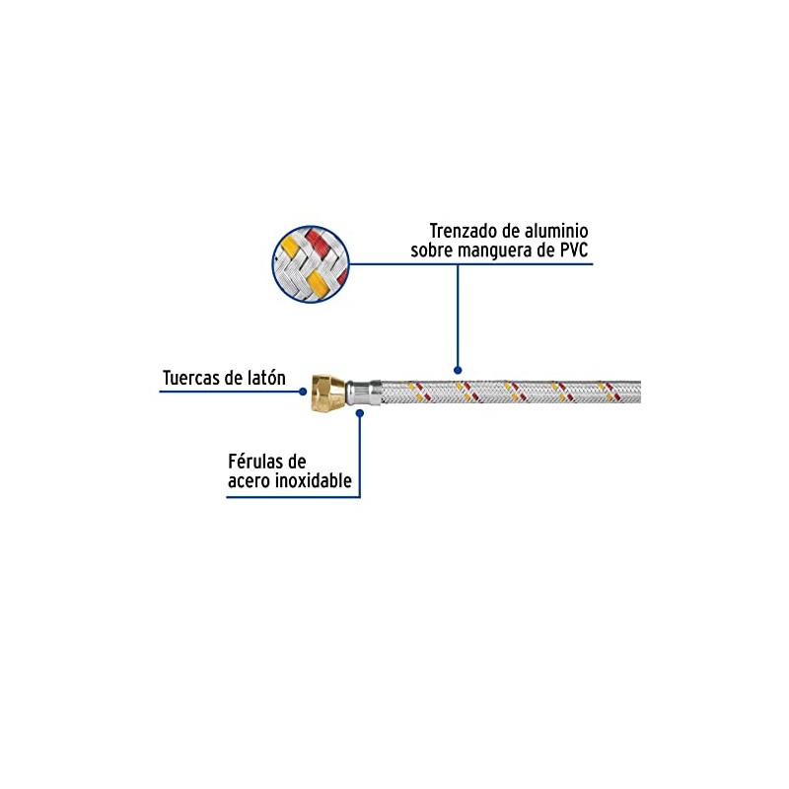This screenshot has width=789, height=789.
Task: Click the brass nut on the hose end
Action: pyautogui.click(x=328, y=393)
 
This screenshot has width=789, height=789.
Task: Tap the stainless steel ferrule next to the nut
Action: pyautogui.click(x=363, y=392)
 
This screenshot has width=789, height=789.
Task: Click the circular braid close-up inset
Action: pyautogui.click(x=311, y=264)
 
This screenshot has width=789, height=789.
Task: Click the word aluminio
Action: pyautogui.click(x=556, y=231)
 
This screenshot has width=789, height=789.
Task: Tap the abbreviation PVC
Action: pyautogui.click(x=574, y=250)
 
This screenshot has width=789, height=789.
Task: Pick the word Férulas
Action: pyautogui.click(x=259, y=461)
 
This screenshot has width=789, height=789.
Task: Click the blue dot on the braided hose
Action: pyautogui.click(x=458, y=371)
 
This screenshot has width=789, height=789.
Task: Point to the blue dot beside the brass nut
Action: pyautogui.click(x=303, y=392)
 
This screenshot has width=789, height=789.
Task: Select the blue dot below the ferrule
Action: pyautogui.click(x=360, y=413)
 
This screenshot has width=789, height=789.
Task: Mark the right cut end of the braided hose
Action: pyautogui.click(x=640, y=392)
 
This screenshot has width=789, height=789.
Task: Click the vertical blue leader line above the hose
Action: pyautogui.click(x=458, y=315)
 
